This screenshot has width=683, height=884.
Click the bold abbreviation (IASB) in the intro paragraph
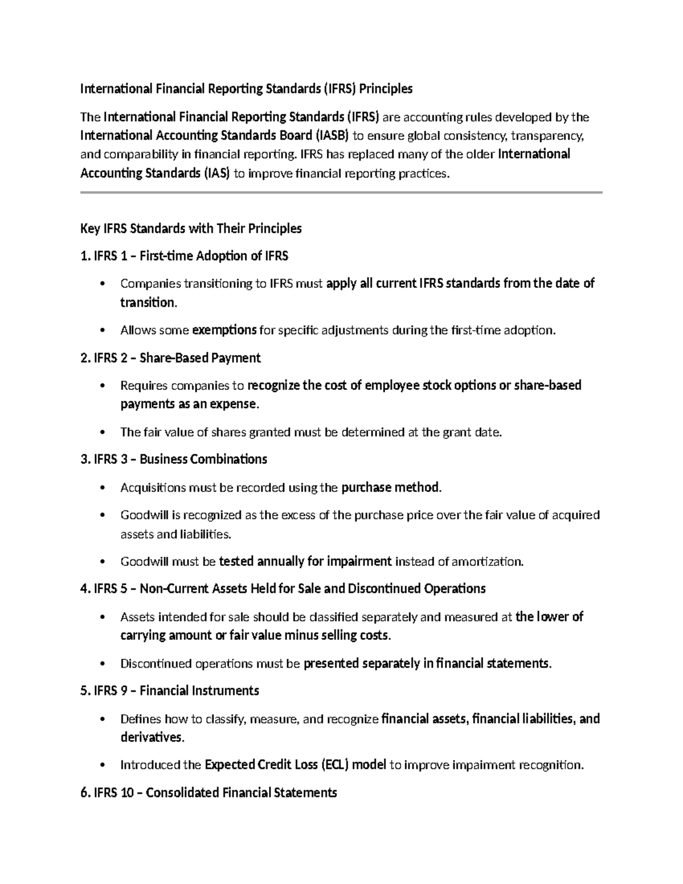(331, 135)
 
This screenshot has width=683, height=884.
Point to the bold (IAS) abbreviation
(216, 173)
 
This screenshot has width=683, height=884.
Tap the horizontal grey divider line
(341, 193)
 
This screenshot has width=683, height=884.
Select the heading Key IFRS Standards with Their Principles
(191, 229)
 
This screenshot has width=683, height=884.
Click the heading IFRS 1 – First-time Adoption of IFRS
(184, 256)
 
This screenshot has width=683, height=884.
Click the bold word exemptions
(224, 330)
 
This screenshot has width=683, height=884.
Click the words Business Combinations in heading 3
(203, 459)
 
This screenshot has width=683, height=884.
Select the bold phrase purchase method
(390, 488)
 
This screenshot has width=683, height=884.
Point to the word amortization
(487, 562)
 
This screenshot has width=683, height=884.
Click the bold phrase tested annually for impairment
(305, 562)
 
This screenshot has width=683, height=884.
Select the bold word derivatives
(151, 738)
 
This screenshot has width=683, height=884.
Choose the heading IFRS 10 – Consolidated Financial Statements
(209, 792)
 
